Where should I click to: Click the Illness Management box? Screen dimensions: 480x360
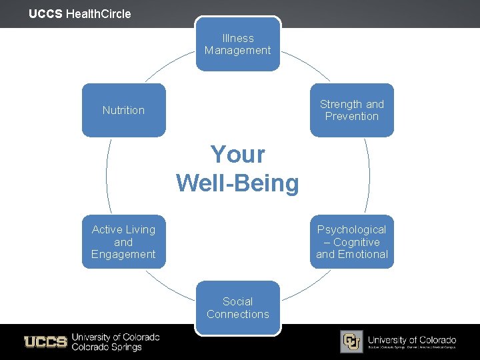(238, 44)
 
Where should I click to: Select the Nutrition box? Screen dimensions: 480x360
(123, 110)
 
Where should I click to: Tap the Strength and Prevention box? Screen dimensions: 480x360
(352, 110)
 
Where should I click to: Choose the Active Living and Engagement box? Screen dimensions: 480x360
(123, 241)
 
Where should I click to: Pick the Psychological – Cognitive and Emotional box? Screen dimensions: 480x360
(352, 241)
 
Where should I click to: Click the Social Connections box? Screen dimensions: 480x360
(238, 307)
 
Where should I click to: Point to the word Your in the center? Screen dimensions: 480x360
(238, 155)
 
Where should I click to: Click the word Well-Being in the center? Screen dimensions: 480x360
(238, 182)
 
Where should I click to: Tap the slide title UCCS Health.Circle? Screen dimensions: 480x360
(80, 13)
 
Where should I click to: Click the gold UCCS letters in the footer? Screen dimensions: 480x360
(45, 342)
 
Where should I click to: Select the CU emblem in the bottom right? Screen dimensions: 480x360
(351, 341)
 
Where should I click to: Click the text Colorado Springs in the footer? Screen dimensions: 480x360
(107, 347)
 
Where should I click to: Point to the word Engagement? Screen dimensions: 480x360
(123, 254)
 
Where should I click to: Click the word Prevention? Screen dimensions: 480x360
(352, 116)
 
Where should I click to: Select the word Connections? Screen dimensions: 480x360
(238, 314)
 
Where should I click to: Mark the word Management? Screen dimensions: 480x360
(238, 51)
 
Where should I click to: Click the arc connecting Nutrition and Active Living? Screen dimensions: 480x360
(107, 176)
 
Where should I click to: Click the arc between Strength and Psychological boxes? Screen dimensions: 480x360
(369, 176)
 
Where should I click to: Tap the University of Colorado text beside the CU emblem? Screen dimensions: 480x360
(411, 340)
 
